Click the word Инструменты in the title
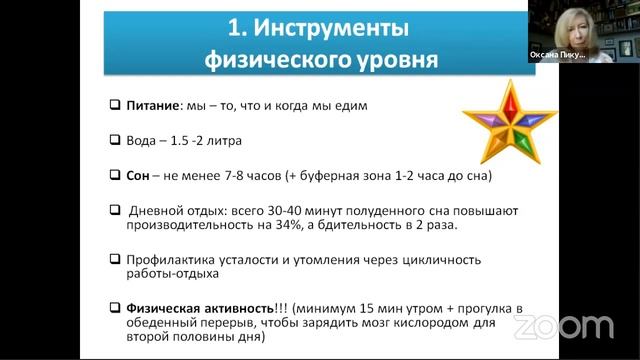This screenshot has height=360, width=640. pyautogui.click(x=339, y=24)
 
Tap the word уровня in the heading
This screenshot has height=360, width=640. pyautogui.click(x=389, y=60)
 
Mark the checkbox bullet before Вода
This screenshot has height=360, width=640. pyautogui.click(x=115, y=139)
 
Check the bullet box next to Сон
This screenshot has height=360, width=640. pyautogui.click(x=115, y=176)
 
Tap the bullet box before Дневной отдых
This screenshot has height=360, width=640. pyautogui.click(x=115, y=212)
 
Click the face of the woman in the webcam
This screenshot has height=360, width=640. pyautogui.click(x=583, y=21)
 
